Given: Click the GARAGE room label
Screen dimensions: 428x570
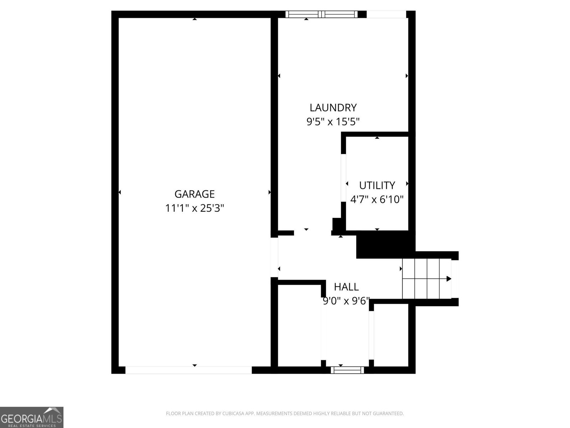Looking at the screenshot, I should pos(194,194).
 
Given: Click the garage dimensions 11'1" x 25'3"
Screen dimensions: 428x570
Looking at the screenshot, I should pos(194,208).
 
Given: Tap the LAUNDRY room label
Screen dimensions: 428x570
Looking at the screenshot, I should pos(333,107).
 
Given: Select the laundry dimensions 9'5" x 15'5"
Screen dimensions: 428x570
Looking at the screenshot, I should pos(333,122).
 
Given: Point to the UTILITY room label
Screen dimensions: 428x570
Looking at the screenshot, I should pos(377,185).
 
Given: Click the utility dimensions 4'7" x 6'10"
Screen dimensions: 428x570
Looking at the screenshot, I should pos(377,199).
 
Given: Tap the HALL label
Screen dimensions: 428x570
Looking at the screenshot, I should pos(346,287).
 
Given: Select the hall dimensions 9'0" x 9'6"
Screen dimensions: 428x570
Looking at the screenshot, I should pos(346,301).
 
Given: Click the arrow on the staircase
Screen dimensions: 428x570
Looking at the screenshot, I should pos(448,279).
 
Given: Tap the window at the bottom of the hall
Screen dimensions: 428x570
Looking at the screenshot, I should pos(347,370).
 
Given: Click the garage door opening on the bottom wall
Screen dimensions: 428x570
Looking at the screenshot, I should pos(188,370).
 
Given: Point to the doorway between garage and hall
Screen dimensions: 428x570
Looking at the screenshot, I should pos(274,257).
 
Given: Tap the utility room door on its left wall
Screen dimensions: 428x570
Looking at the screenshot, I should pos(343,178).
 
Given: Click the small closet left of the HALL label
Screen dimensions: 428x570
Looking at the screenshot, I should pos(299,325).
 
